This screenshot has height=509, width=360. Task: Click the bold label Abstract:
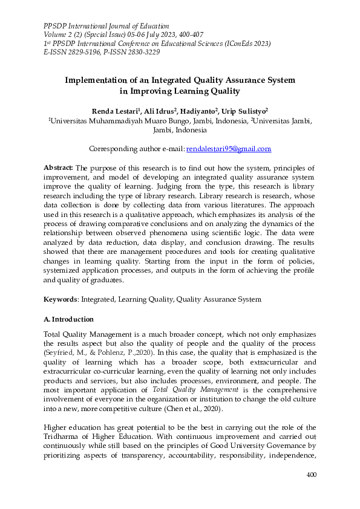pyautogui.click(x=59, y=167)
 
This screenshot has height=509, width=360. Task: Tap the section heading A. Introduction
pyautogui.click(x=68, y=319)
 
